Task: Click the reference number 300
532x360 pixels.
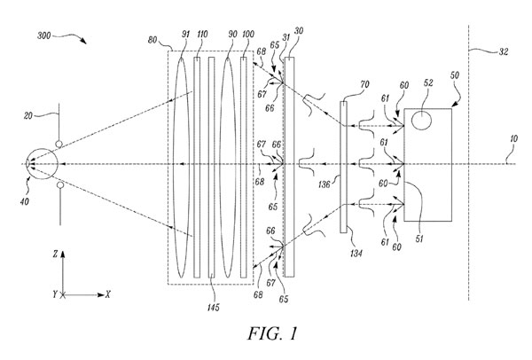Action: pos(44,35)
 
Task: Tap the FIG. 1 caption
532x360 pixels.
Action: pos(272,333)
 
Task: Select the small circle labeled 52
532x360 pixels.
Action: pos(421,121)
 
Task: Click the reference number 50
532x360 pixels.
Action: pos(455,74)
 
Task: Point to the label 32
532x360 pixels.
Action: pos(504,51)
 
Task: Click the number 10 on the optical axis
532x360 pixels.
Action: pos(513,139)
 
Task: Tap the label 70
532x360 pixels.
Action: pos(364,84)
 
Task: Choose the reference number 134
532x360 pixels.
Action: pos(356,253)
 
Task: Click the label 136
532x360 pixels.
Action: pos(325,184)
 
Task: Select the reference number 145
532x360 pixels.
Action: pos(214,308)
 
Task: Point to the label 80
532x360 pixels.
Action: pos(153,40)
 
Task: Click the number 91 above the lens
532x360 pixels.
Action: pos(185,34)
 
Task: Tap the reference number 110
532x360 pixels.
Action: pos(202,34)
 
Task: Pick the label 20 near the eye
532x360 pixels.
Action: pos(28,115)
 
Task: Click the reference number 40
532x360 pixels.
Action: pos(25,201)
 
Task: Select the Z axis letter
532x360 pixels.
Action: pos(55,254)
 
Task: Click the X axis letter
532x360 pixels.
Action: pos(108,294)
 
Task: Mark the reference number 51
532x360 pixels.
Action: pos(419,239)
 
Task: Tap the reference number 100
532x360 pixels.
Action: pos(248,34)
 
